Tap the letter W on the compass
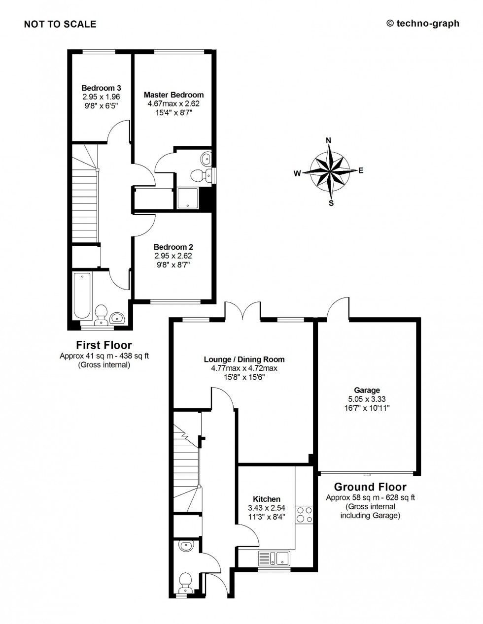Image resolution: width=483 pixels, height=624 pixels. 297,173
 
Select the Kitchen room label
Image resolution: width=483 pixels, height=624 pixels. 267,499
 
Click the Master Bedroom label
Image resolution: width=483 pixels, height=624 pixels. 173,95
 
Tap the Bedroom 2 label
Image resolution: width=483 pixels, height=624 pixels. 173,247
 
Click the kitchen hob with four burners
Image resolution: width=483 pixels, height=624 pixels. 304,515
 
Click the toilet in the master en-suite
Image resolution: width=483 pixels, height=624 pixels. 200,176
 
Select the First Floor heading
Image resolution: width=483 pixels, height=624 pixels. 103,345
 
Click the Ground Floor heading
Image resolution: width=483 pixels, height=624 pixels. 370,487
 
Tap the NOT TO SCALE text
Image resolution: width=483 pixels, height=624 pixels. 60,24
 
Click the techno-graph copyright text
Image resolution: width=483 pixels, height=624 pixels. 422,23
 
